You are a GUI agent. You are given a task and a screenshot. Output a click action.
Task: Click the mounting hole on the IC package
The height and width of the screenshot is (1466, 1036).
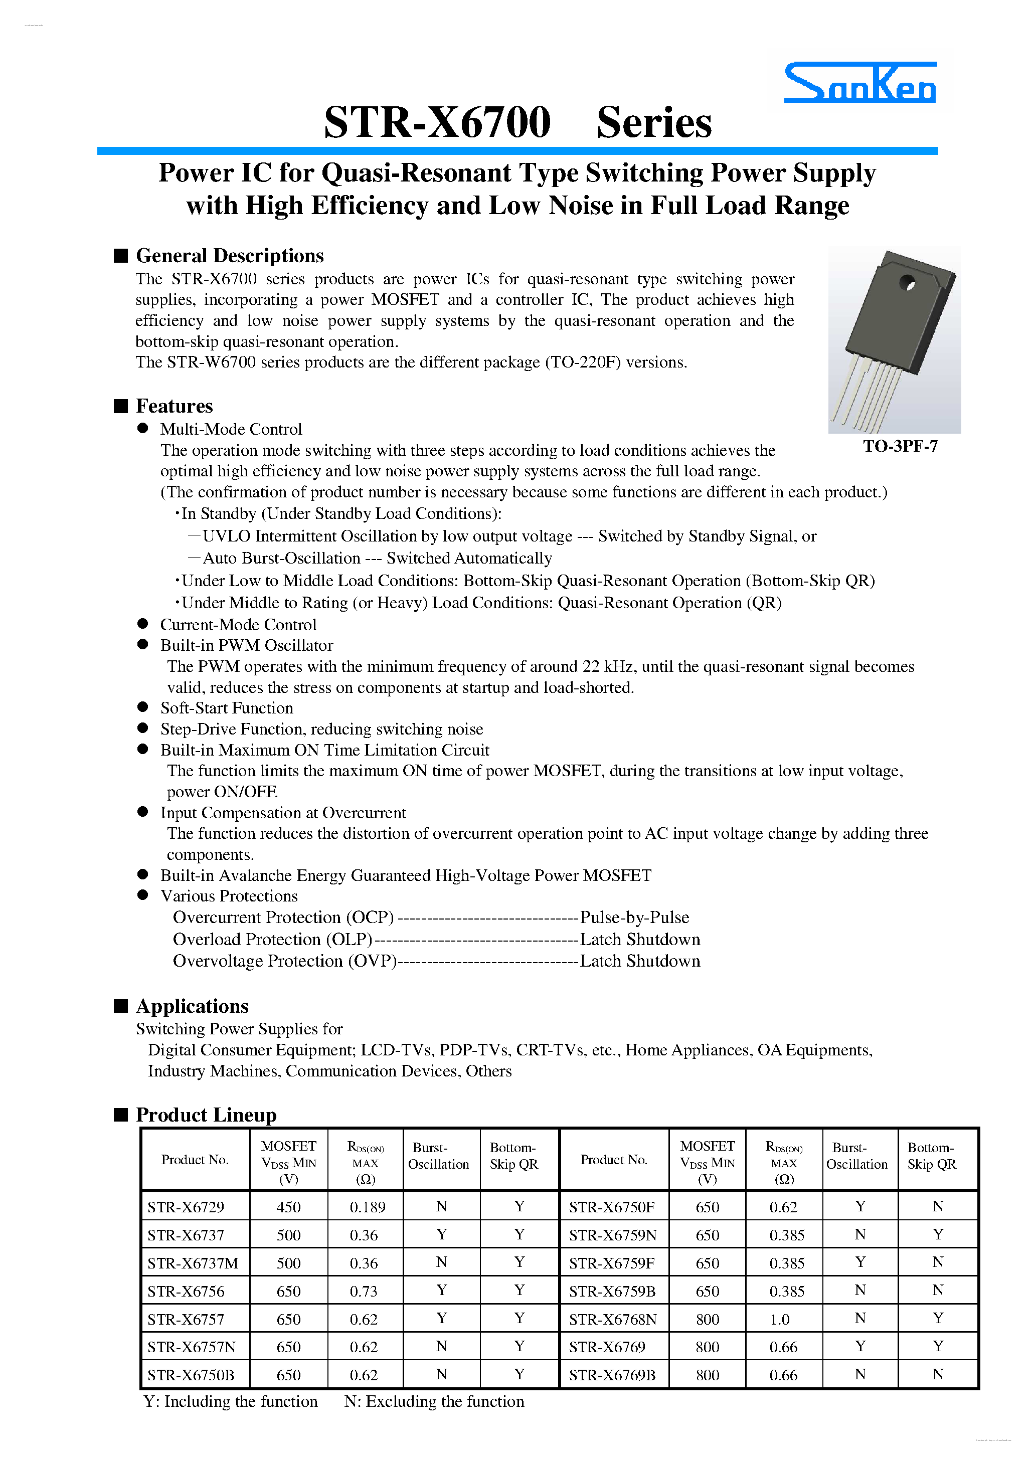pos(906,282)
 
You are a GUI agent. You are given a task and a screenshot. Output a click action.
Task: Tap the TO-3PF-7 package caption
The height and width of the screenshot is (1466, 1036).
pos(900,446)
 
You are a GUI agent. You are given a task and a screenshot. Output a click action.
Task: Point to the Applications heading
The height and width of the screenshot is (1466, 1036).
pos(192,1006)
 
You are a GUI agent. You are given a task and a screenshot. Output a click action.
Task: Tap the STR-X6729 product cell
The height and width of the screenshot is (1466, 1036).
pos(186,1207)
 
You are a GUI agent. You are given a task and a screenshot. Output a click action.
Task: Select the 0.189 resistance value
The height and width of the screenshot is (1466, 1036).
pos(367,1207)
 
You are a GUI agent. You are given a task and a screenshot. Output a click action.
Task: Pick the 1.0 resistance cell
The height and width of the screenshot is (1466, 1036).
pos(779,1319)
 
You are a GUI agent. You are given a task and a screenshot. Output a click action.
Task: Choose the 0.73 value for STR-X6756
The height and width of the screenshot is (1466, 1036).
pos(364,1291)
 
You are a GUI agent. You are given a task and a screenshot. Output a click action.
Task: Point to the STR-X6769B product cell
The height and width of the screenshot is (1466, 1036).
pos(612,1375)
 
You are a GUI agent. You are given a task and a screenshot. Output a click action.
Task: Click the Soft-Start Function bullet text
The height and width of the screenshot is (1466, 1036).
pos(227,708)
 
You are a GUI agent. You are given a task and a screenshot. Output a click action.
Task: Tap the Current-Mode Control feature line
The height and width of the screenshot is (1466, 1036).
pos(238,625)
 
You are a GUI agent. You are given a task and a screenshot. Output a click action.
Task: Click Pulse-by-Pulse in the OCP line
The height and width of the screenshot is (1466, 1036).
pos(634,918)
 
